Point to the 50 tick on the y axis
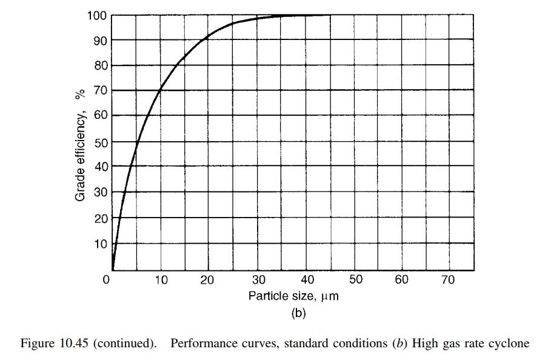(101, 142)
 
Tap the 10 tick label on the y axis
(101, 244)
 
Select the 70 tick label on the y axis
(101, 91)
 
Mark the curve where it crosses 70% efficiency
(159, 91)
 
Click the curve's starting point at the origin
(113, 268)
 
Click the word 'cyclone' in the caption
(511, 344)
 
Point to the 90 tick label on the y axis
(101, 40)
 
